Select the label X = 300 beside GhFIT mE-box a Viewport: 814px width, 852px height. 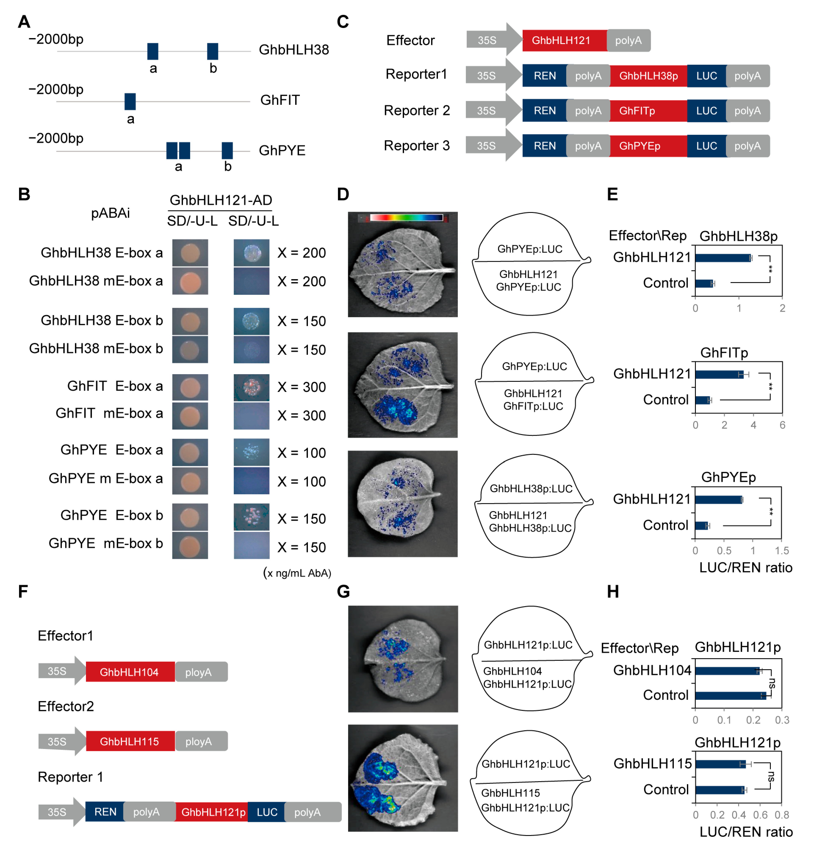(302, 415)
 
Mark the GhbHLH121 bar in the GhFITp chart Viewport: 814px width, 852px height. (719, 374)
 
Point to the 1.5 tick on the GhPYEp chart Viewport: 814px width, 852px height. (781, 551)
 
